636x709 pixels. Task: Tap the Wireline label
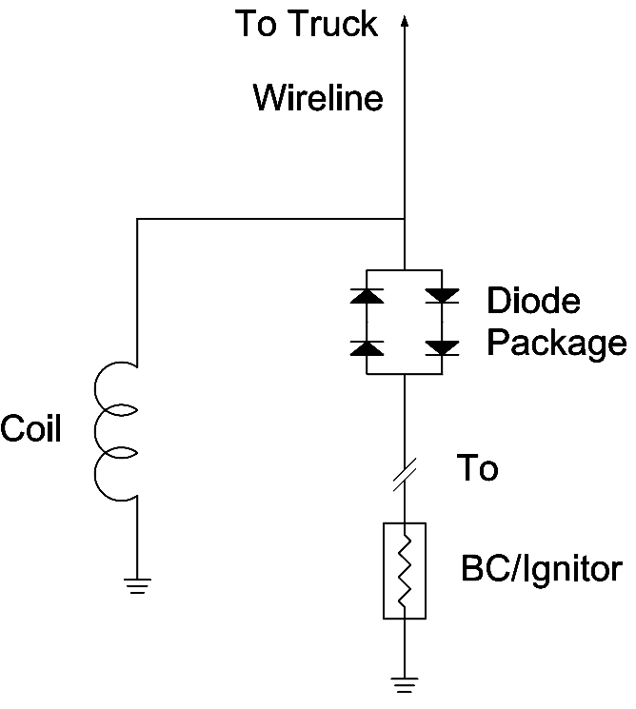coord(318,97)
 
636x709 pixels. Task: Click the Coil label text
coord(30,429)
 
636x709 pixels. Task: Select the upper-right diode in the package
coord(442,296)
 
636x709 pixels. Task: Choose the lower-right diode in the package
coord(442,347)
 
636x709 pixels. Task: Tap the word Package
coord(557,343)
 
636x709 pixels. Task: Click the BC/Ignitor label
coord(542,570)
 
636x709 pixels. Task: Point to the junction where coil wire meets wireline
coord(406,220)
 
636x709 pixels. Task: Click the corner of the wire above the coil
coord(138,220)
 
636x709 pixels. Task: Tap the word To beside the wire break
coord(477,468)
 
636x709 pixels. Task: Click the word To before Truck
coord(257,25)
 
